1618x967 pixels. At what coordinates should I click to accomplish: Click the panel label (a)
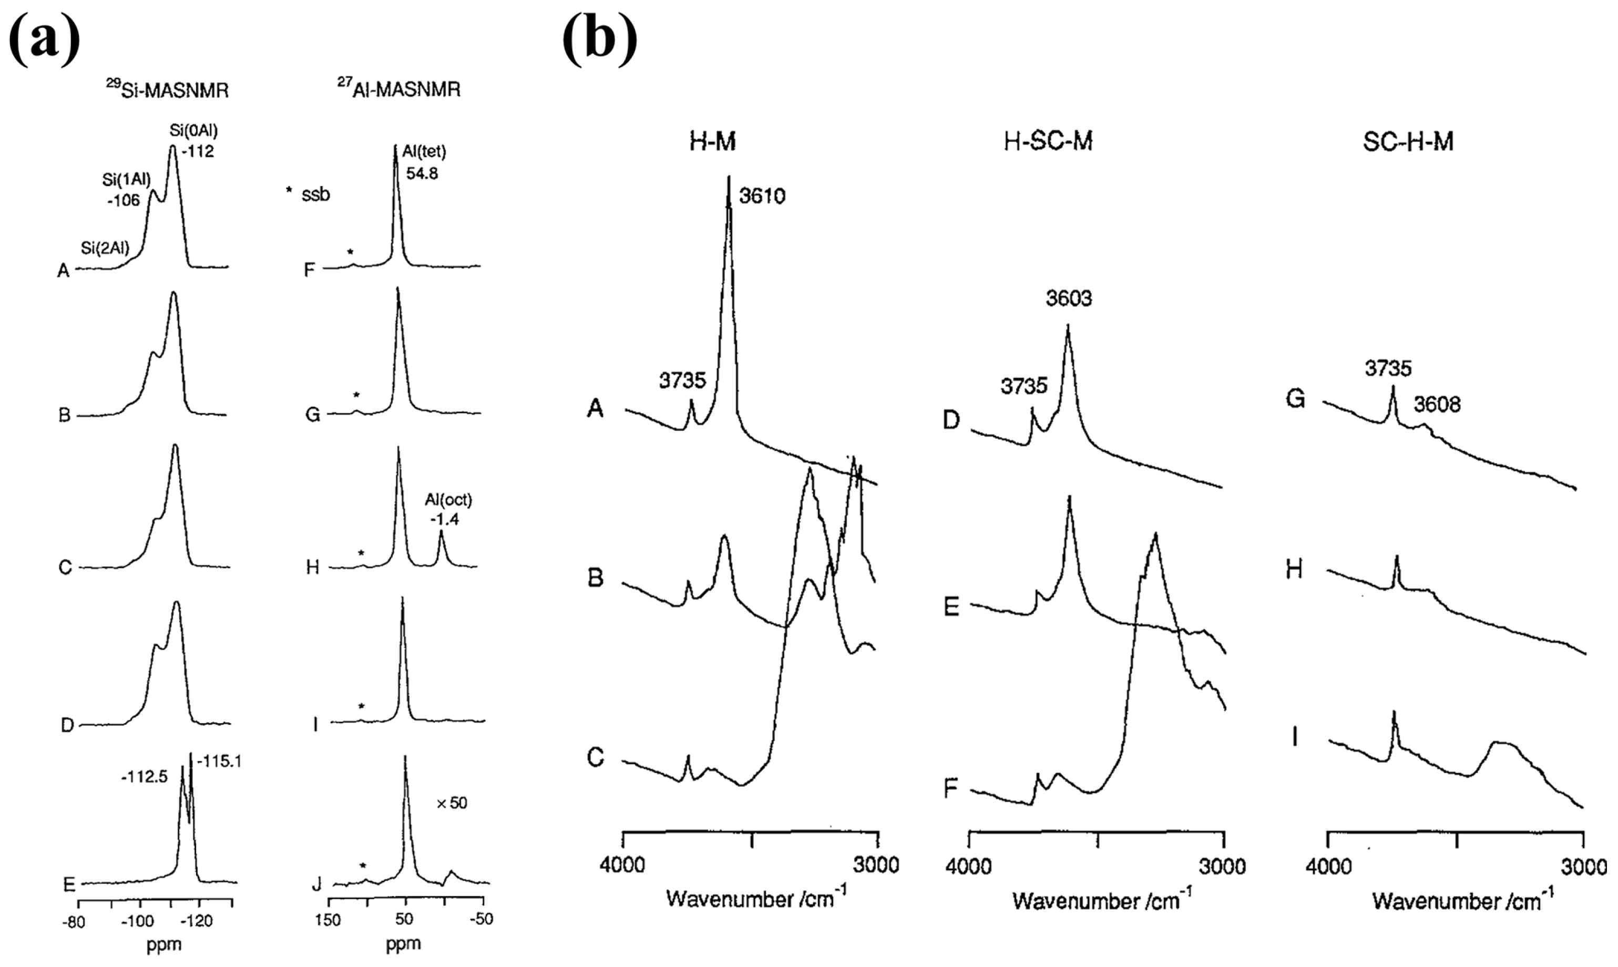(x=44, y=39)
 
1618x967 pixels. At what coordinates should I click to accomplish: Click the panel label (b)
(x=599, y=39)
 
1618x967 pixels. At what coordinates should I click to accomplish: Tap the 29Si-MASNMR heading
(x=168, y=89)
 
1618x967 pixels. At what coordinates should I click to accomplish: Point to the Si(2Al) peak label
(x=105, y=248)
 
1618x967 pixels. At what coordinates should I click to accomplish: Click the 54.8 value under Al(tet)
(x=422, y=174)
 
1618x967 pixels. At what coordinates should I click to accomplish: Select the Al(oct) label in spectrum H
(x=448, y=500)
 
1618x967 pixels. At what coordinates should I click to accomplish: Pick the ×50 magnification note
(x=452, y=803)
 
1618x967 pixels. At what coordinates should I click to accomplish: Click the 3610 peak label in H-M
(x=762, y=196)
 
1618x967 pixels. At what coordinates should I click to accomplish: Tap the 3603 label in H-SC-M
(x=1069, y=299)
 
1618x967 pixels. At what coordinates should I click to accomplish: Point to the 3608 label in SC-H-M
(x=1437, y=405)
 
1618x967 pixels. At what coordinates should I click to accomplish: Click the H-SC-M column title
(x=1048, y=141)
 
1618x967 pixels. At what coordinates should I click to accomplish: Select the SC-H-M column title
(x=1408, y=141)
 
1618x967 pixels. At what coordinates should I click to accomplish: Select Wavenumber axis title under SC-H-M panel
(x=1463, y=901)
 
